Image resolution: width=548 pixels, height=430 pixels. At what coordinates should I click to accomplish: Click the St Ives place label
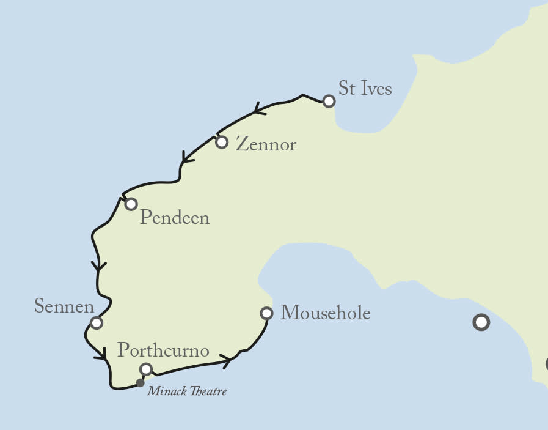pyautogui.click(x=365, y=88)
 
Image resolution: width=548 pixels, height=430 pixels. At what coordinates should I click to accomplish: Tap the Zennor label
pyautogui.click(x=266, y=145)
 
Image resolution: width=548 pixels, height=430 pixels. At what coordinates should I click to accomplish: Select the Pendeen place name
pyautogui.click(x=175, y=218)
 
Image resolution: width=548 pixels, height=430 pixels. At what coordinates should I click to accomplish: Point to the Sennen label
pyautogui.click(x=64, y=306)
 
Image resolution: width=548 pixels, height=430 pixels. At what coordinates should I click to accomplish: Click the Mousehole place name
pyautogui.click(x=325, y=314)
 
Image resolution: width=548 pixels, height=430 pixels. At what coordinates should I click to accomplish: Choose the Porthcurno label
pyautogui.click(x=163, y=351)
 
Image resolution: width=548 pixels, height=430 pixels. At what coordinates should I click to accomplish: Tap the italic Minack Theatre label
pyautogui.click(x=187, y=391)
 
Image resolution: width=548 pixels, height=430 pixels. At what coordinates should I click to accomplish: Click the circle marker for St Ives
pyautogui.click(x=329, y=101)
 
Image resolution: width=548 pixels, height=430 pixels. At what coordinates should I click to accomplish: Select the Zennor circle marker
pyautogui.click(x=222, y=143)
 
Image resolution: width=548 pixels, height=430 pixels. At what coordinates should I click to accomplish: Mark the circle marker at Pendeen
pyautogui.click(x=131, y=204)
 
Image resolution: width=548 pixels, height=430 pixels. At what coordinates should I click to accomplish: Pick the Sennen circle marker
pyautogui.click(x=96, y=322)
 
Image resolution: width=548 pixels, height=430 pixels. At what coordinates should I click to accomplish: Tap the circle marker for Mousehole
pyautogui.click(x=266, y=313)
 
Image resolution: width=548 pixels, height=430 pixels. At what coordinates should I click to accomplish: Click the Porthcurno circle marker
pyautogui.click(x=145, y=369)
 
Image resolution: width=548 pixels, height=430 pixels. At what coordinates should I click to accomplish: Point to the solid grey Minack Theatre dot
pyautogui.click(x=140, y=383)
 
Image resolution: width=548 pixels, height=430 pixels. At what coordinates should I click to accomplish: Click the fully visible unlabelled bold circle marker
pyautogui.click(x=481, y=322)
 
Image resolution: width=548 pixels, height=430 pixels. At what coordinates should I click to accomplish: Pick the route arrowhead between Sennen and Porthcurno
pyautogui.click(x=101, y=354)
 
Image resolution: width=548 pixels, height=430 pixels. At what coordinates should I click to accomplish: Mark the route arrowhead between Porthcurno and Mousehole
pyautogui.click(x=227, y=361)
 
